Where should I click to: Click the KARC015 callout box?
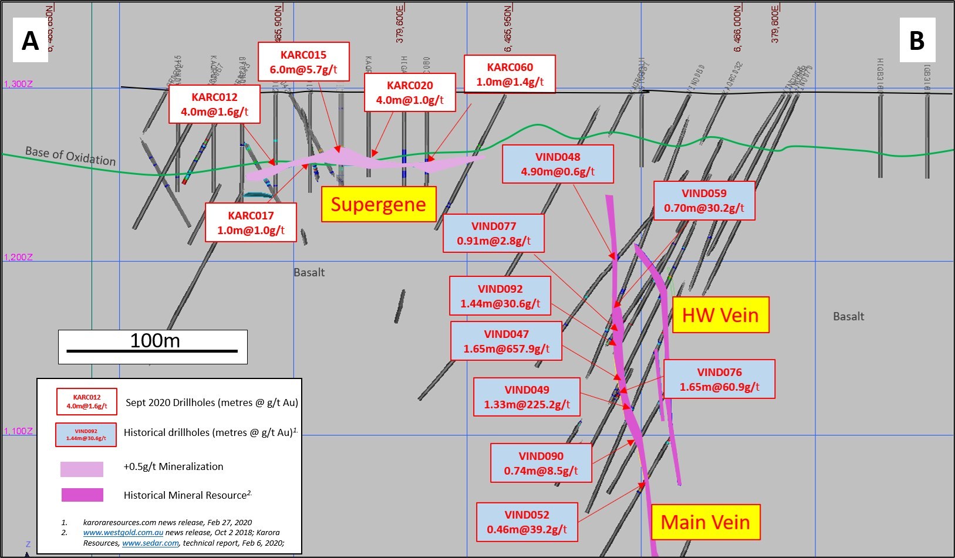point(303,62)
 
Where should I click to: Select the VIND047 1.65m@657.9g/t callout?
point(506,341)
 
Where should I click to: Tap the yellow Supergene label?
point(378,204)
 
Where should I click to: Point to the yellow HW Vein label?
point(720,315)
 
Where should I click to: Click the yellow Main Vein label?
point(705,522)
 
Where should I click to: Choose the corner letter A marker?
point(30,41)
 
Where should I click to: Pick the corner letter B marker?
point(917,41)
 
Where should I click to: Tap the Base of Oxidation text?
point(70,156)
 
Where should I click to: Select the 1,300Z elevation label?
point(18,84)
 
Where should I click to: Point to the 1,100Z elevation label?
point(18,431)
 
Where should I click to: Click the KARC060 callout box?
point(509,75)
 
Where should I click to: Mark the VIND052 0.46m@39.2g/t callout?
point(527,522)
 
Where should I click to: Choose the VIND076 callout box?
point(719,379)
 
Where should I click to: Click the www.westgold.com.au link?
point(123,533)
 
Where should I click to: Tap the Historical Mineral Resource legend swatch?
point(82,495)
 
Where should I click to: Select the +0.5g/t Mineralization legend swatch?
point(82,469)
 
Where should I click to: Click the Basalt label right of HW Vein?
point(848,317)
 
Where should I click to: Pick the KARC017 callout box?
point(251,222)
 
